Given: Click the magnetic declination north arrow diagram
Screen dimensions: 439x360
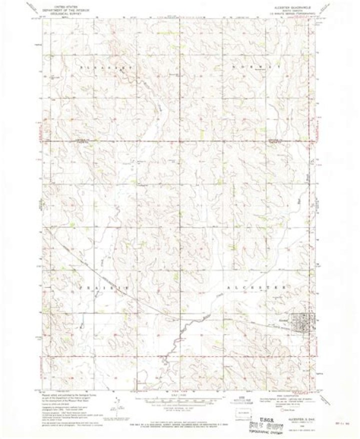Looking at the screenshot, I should pyautogui.click(x=118, y=404).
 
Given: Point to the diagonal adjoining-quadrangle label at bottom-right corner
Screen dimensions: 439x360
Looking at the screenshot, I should pyautogui.click(x=327, y=400).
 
